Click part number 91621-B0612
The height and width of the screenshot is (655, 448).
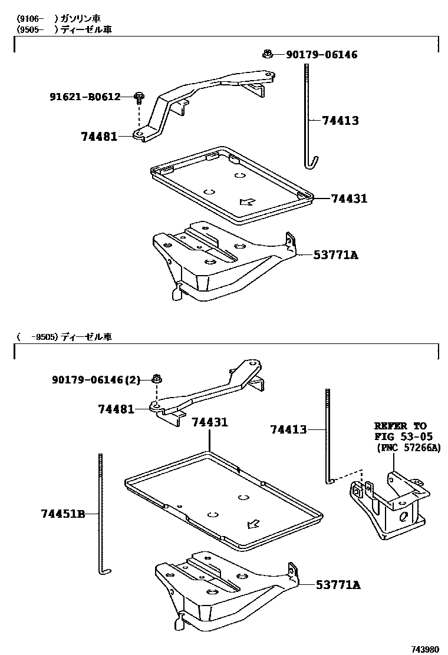[x=85, y=96]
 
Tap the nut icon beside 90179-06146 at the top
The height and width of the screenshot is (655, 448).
[x=267, y=55]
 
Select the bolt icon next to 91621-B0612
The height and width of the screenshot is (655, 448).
[x=139, y=97]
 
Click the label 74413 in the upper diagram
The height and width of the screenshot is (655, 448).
[x=340, y=121]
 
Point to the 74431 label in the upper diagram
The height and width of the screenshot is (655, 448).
[x=349, y=199]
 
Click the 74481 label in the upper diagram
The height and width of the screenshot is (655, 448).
[x=99, y=137]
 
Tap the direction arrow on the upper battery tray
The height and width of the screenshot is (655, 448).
[x=247, y=201]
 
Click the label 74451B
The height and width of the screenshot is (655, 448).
[x=63, y=514]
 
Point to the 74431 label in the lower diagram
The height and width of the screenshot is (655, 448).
[x=209, y=422]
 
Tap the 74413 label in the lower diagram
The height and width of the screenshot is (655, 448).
[x=289, y=429]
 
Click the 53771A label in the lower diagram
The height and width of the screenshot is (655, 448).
[x=338, y=585]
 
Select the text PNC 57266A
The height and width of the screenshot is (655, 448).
[x=409, y=448]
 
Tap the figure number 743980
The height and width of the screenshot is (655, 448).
[x=425, y=649]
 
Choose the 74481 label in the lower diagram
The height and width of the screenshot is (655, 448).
[x=116, y=409]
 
